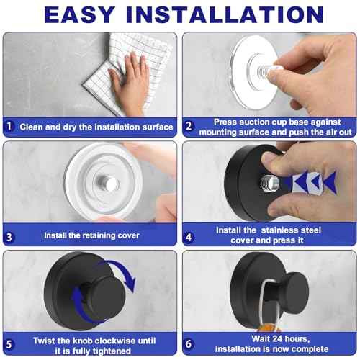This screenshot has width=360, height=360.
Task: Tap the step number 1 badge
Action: (9, 127)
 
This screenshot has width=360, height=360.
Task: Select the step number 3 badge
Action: (9, 235)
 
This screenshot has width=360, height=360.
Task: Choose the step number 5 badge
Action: (9, 343)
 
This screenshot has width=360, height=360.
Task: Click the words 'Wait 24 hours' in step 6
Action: (271, 338)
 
